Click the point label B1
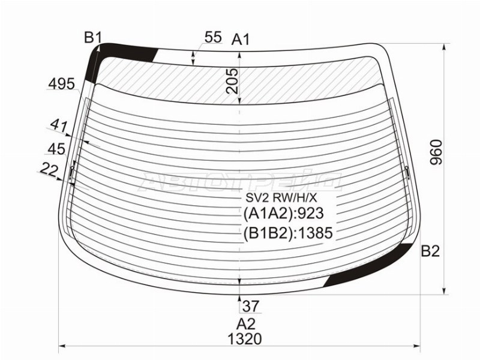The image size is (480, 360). [x=92, y=38]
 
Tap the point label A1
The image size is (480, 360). [x=241, y=40]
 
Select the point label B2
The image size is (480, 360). [x=430, y=251]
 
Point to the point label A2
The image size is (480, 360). [x=245, y=324]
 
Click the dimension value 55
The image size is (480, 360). [x=213, y=37]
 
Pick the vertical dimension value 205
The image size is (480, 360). [x=232, y=81]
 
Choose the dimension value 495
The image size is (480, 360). [x=62, y=84]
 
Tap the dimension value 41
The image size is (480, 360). [x=59, y=126]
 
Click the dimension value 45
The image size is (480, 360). [x=56, y=149]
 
